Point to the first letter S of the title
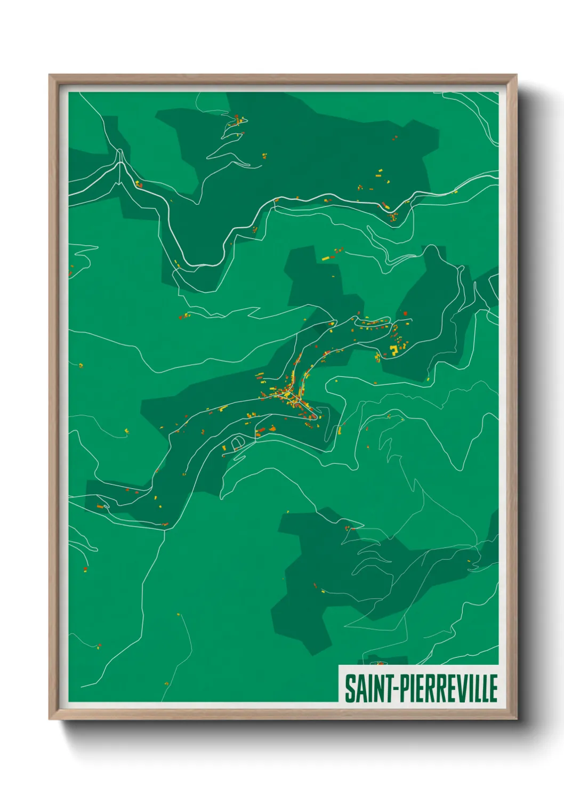pos(349,688)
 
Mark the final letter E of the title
pos(494,688)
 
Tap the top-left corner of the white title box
pos(340,666)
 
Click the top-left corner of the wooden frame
pos(49,75)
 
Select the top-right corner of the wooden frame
pos(516,75)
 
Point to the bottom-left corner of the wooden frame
pos(49,719)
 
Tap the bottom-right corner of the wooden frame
pos(516,719)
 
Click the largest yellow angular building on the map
pos(394,350)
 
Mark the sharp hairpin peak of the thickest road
pos(120,155)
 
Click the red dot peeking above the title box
pos(380,664)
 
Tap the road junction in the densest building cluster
pos(288,393)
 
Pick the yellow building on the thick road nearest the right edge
pos(455,191)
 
